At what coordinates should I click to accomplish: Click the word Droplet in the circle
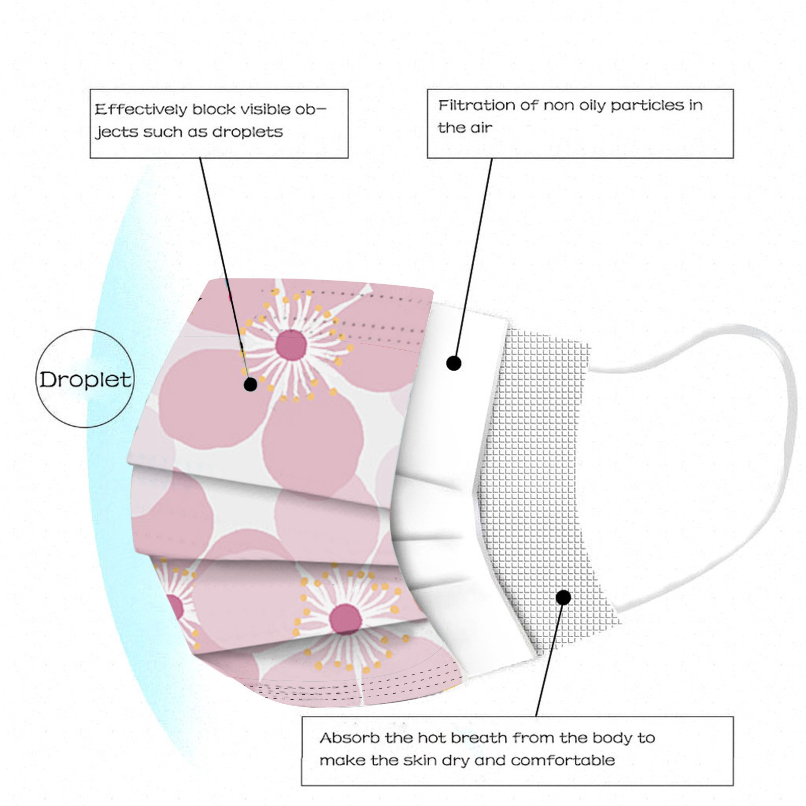85,380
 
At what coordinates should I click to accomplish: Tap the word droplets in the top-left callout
247,132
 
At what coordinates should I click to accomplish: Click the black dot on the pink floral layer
250,384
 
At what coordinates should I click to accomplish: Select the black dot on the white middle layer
454,363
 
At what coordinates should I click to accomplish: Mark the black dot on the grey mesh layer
563,597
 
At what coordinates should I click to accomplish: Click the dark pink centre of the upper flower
292,345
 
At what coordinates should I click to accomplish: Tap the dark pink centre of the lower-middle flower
345,619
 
